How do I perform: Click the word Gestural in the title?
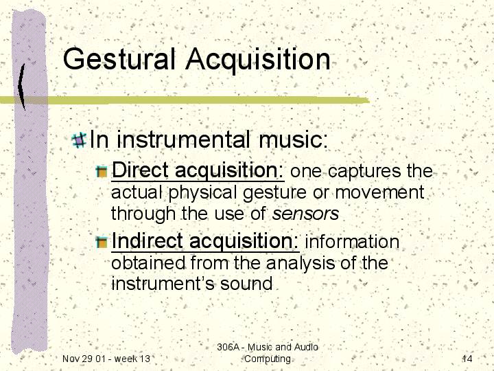coord(119,60)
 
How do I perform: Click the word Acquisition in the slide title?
coord(258,60)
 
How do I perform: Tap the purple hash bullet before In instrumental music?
coord(79,140)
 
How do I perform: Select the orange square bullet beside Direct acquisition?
coord(102,171)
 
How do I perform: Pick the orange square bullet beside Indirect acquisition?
coord(102,242)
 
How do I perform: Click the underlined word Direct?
coord(141,170)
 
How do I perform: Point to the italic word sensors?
coord(305,214)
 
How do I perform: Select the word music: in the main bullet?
coord(294,139)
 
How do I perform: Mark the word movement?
coord(379,193)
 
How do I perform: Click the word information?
coord(352,242)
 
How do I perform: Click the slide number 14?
coord(467,359)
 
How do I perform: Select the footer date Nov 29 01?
coord(82,359)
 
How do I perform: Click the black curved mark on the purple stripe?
coord(21,87)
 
